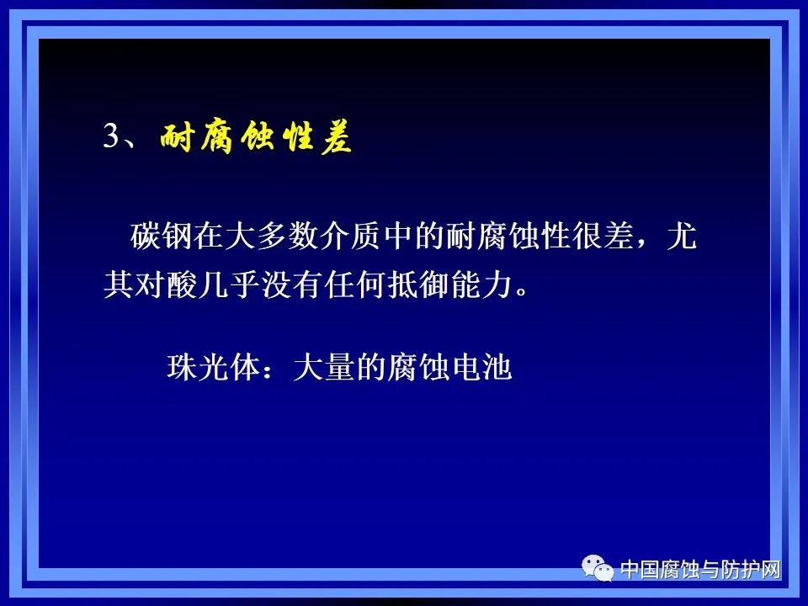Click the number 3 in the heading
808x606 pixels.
point(113,137)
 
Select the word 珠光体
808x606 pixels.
point(212,369)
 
